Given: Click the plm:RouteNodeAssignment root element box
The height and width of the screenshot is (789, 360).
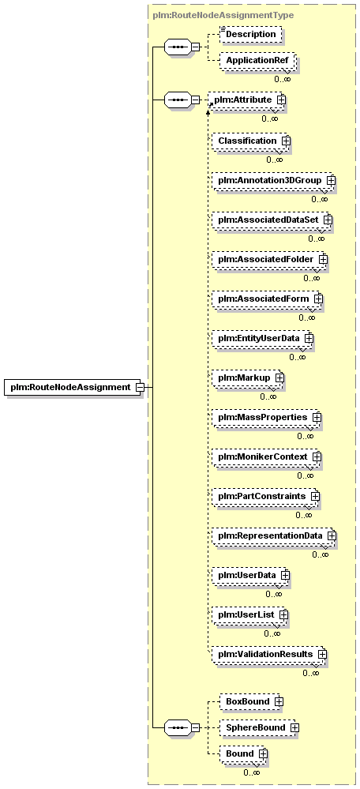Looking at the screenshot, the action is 73,388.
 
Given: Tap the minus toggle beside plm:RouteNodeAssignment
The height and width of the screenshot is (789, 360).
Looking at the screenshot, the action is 141,388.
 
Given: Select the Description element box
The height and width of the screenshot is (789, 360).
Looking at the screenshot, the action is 251,35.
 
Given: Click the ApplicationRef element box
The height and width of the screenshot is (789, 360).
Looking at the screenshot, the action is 257,61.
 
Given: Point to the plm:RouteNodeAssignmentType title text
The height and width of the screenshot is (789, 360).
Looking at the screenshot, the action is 223,15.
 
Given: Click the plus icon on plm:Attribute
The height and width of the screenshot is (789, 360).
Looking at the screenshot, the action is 281,100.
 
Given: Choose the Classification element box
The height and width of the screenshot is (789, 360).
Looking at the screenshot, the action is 250,141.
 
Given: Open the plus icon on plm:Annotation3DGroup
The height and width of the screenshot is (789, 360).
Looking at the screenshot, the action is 331,180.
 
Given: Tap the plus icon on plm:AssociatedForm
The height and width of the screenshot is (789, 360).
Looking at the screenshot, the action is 318,299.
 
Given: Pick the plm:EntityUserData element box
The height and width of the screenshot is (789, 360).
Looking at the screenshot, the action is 262,338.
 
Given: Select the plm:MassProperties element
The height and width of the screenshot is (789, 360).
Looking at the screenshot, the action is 267,417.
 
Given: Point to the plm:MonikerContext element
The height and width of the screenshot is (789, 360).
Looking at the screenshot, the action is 267,456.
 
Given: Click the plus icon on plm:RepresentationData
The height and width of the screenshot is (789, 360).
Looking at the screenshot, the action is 331,535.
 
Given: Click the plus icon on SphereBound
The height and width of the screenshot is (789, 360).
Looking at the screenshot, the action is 294,727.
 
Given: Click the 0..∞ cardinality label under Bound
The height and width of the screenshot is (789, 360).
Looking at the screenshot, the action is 251,772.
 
